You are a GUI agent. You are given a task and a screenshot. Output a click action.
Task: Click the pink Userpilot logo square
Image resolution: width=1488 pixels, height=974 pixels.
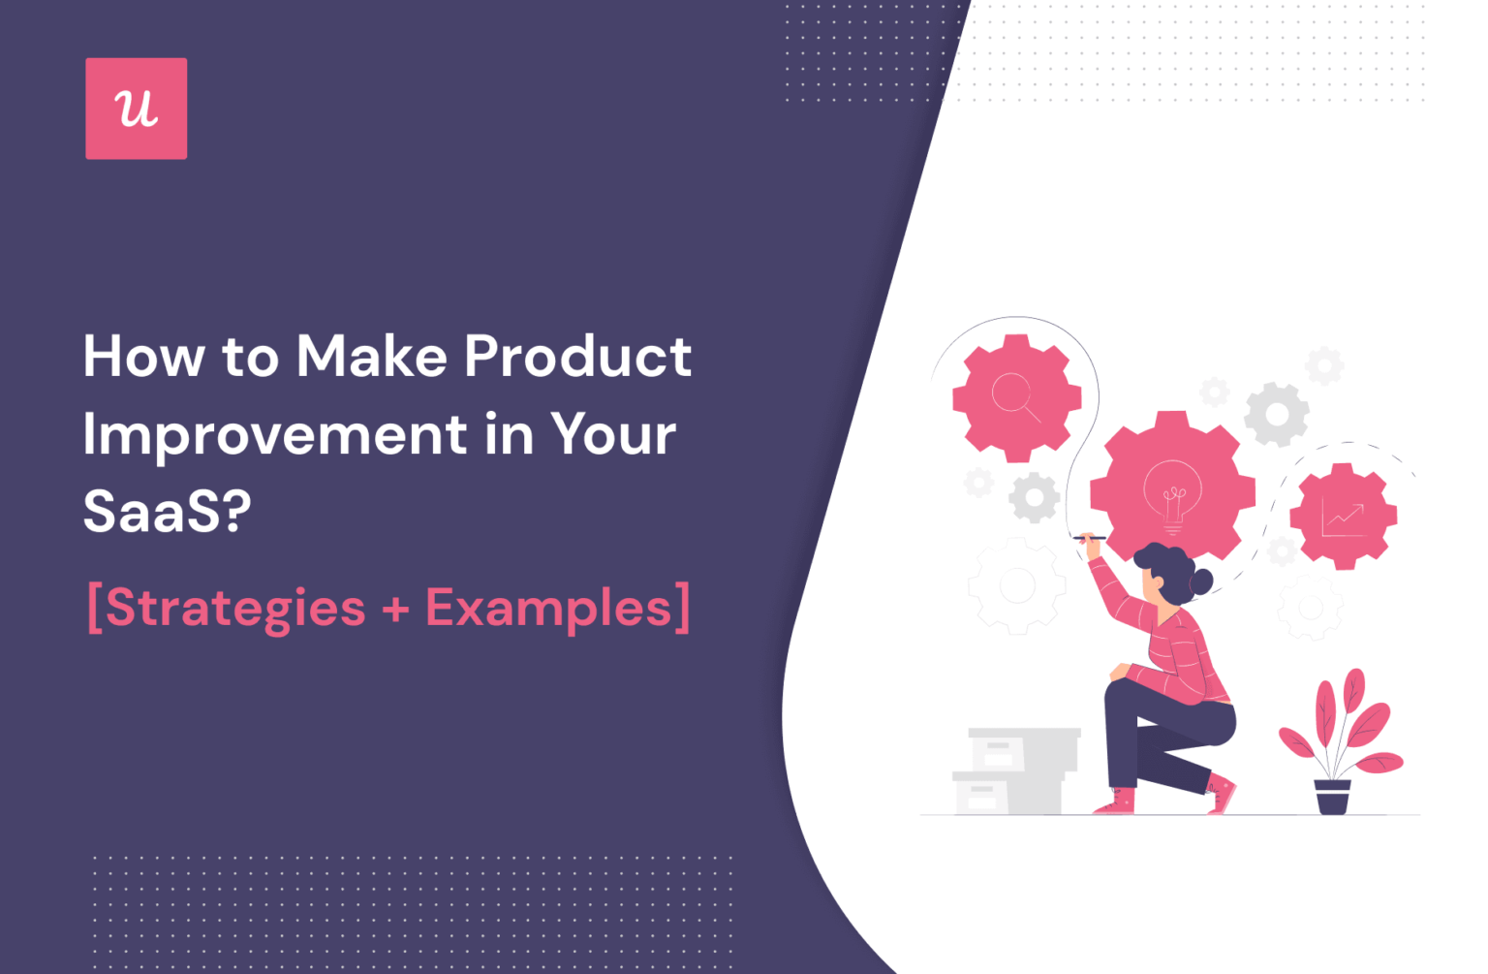pyautogui.click(x=136, y=109)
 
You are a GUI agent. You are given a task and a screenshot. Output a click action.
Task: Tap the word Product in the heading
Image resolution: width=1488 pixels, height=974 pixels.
pyautogui.click(x=577, y=357)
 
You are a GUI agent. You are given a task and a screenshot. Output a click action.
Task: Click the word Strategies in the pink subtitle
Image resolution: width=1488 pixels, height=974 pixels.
pyautogui.click(x=235, y=609)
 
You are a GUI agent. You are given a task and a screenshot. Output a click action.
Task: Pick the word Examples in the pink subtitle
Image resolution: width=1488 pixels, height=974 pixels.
pyautogui.click(x=548, y=609)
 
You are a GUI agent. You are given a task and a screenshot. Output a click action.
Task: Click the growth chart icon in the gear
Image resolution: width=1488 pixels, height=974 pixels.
pyautogui.click(x=1343, y=517)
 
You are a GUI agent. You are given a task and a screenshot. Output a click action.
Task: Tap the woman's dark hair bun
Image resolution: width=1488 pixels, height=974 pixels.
pyautogui.click(x=1201, y=581)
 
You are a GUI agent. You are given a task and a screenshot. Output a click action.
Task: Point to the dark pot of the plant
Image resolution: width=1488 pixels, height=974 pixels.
pyautogui.click(x=1332, y=796)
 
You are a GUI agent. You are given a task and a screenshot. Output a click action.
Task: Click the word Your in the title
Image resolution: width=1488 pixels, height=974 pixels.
pyautogui.click(x=613, y=434)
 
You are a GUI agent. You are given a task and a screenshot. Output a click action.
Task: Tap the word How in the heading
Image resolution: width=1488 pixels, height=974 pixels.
pyautogui.click(x=143, y=357)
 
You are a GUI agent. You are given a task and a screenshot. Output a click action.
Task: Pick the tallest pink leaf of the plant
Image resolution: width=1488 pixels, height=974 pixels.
pyautogui.click(x=1353, y=694)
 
